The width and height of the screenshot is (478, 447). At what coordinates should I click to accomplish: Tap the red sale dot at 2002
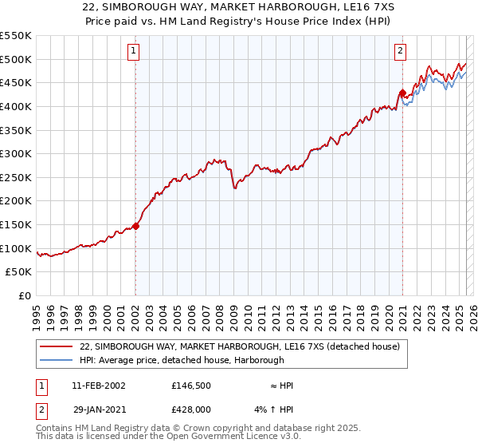click(x=135, y=226)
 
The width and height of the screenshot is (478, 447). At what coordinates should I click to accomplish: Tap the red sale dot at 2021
click(x=402, y=92)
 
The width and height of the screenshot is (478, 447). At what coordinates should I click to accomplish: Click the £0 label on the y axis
click(x=25, y=295)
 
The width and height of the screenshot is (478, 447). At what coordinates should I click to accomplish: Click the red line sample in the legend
click(x=57, y=346)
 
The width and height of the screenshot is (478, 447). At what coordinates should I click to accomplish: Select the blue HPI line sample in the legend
click(x=57, y=360)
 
